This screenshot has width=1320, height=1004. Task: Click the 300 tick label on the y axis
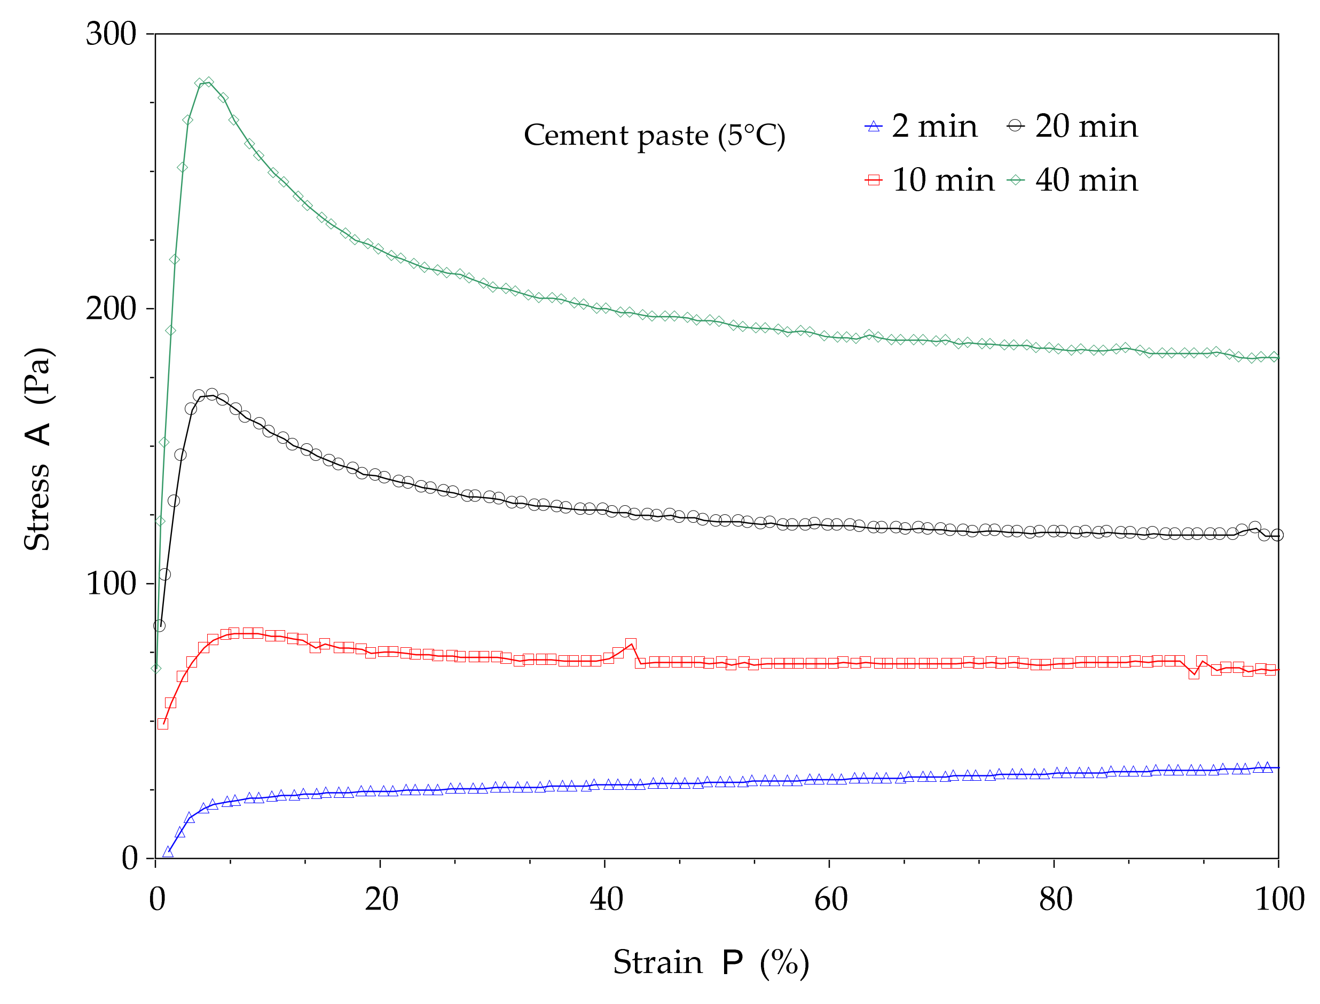pyautogui.click(x=111, y=34)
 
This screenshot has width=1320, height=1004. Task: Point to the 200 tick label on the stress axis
pyautogui.click(x=111, y=309)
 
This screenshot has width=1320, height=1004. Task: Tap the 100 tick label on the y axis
pyautogui.click(x=111, y=583)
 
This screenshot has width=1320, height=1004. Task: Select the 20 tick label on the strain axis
pyautogui.click(x=381, y=899)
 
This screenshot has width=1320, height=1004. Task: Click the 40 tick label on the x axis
pyautogui.click(x=606, y=899)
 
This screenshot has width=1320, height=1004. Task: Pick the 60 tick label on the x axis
pyautogui.click(x=830, y=899)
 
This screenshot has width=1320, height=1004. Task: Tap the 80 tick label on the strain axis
pyautogui.click(x=1055, y=899)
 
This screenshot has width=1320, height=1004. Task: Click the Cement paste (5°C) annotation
pyautogui.click(x=654, y=136)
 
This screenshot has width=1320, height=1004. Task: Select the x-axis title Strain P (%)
pyautogui.click(x=711, y=963)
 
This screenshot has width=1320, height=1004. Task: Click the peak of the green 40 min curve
pyautogui.click(x=208, y=82)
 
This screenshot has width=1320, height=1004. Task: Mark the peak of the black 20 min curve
pyautogui.click(x=211, y=395)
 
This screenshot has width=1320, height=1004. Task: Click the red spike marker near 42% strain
pyautogui.click(x=631, y=644)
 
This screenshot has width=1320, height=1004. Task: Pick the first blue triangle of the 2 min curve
pyautogui.click(x=168, y=852)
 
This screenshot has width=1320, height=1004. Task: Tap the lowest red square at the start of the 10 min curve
pyautogui.click(x=162, y=724)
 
